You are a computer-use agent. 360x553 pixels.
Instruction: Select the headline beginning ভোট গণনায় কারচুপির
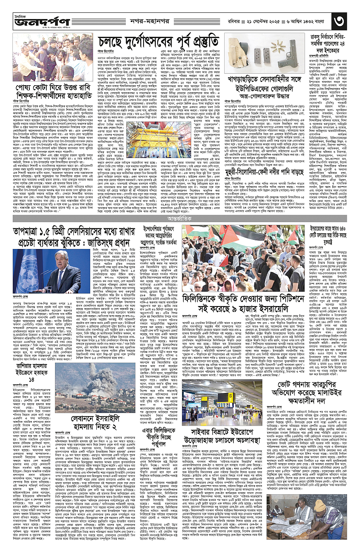point(325,385)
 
